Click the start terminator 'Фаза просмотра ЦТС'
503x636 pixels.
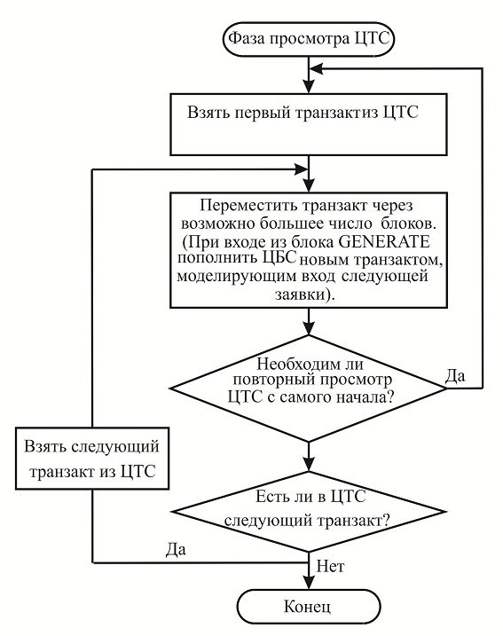tap(309, 39)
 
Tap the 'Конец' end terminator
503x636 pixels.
tap(309, 607)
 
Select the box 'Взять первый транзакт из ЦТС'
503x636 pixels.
tap(309, 124)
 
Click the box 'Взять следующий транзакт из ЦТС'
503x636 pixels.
tap(92, 459)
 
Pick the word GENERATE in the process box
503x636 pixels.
tap(383, 242)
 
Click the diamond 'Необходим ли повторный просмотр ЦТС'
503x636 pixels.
tap(309, 389)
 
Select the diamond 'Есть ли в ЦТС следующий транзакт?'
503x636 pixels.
tap(309, 512)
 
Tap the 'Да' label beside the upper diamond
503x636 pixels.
tap(456, 376)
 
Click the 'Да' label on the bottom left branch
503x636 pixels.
tap(176, 550)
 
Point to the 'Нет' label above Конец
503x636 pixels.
tap(331, 566)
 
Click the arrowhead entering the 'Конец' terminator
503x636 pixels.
tap(309, 583)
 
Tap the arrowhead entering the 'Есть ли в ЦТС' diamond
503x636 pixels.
tap(309, 464)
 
